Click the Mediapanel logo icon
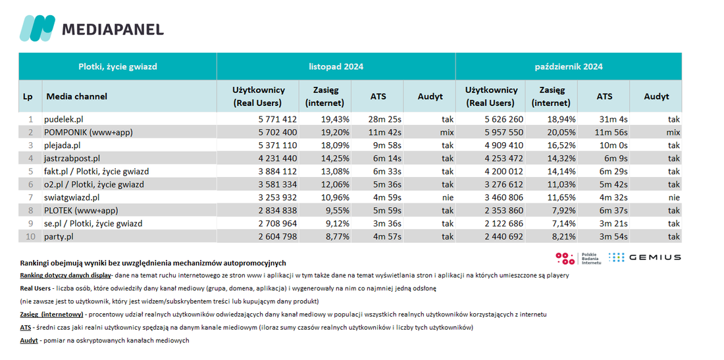pos(37,28)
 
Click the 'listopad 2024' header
pos(336,66)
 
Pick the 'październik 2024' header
pos(569,66)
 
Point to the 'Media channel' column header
pos(76,97)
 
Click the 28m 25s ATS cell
pos(386,120)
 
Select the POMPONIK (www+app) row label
pos(89,132)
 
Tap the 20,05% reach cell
pos(561,132)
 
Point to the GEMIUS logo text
pos(654,257)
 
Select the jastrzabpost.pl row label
pos(72,159)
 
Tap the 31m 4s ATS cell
pos(613,120)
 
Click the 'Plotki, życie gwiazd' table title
pos(118,66)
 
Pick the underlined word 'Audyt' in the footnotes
pos(28,341)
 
